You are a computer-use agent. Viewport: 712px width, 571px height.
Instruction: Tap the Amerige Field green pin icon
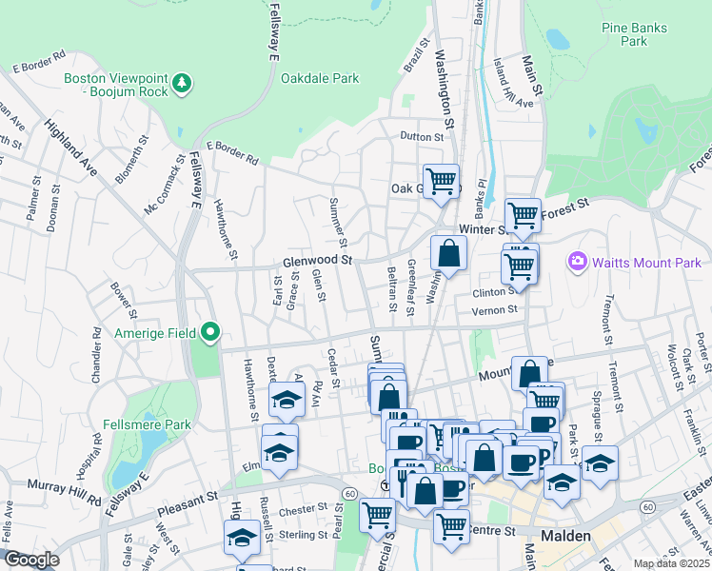tap(211, 332)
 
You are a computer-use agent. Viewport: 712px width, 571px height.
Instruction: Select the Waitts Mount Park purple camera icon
tap(577, 261)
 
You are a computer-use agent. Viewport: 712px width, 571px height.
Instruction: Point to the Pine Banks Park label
tap(625, 35)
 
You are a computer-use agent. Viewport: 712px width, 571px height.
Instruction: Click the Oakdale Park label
tap(320, 78)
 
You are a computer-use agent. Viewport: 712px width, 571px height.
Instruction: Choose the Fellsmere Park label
tap(148, 424)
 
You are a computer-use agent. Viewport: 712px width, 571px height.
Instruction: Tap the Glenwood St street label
tap(317, 260)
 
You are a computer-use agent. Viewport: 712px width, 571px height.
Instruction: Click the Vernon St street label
tap(499, 309)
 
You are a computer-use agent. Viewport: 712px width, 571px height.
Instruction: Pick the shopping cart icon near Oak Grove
tap(441, 180)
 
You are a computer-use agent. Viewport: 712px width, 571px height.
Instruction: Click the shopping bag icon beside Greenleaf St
tap(447, 253)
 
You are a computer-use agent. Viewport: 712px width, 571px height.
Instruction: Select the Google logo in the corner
tap(31, 560)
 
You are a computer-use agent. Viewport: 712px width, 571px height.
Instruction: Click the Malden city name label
tap(566, 536)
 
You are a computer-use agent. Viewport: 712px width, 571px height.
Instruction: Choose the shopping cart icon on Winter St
tap(523, 215)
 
